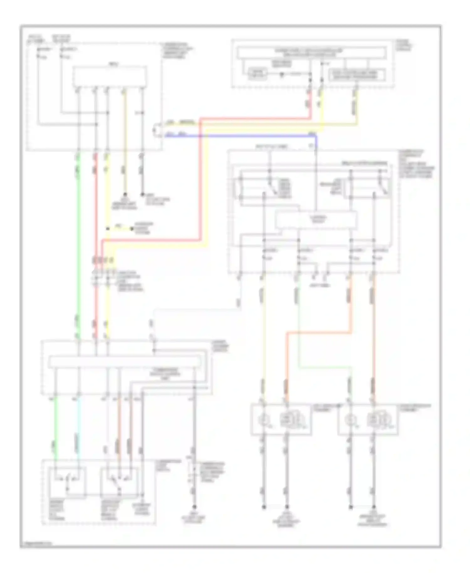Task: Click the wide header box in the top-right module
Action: (x=311, y=53)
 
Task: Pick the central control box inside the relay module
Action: (x=316, y=219)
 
